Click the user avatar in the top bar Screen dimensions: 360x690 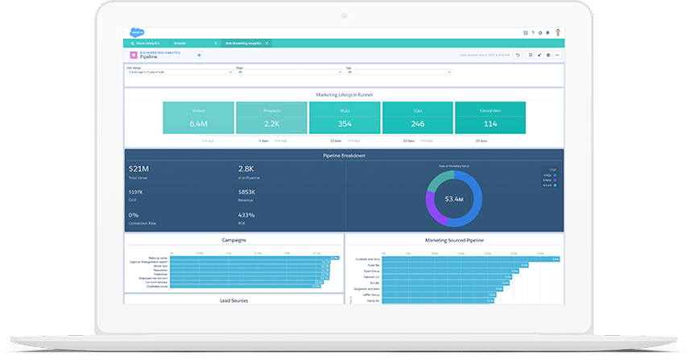pyautogui.click(x=558, y=33)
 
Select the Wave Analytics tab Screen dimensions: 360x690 pyautogui.click(x=146, y=42)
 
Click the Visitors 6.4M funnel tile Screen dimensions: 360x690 pyautogui.click(x=198, y=118)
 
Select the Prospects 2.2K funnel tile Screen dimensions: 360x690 pyautogui.click(x=271, y=118)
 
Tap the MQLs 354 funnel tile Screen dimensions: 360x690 pyautogui.click(x=344, y=118)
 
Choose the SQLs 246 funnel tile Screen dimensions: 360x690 pyautogui.click(x=417, y=118)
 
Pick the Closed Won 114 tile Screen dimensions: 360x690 pyautogui.click(x=490, y=118)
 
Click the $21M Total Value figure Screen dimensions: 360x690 pyautogui.click(x=138, y=168)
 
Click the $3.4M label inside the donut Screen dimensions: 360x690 pyautogui.click(x=454, y=197)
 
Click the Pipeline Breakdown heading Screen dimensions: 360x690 pyautogui.click(x=344, y=155)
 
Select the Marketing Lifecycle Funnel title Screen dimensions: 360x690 pyautogui.click(x=344, y=94)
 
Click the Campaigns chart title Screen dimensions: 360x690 pyautogui.click(x=233, y=239)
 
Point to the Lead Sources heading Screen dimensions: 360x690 pyautogui.click(x=233, y=300)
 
